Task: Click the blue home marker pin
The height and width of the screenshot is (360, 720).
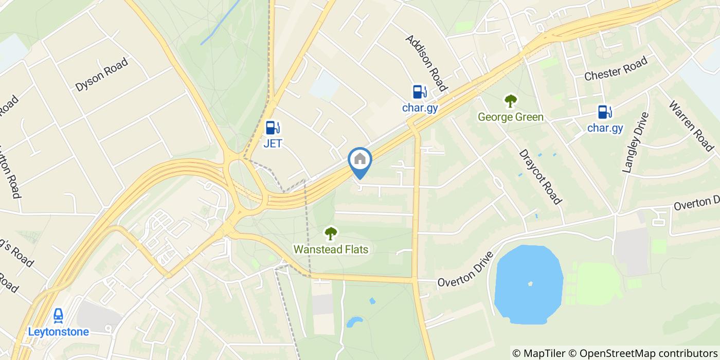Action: pyautogui.click(x=360, y=160)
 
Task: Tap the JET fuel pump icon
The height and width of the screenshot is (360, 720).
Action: pyautogui.click(x=273, y=128)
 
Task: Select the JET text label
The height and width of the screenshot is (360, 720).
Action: pyautogui.click(x=273, y=143)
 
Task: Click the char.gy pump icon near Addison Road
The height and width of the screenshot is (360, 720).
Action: pyautogui.click(x=420, y=92)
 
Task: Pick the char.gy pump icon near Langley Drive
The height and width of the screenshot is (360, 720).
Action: pyautogui.click(x=605, y=112)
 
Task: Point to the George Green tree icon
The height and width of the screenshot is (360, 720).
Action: pyautogui.click(x=510, y=101)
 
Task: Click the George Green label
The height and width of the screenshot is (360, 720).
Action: pyautogui.click(x=510, y=117)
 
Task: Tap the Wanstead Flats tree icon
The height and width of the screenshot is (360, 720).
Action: pyautogui.click(x=331, y=233)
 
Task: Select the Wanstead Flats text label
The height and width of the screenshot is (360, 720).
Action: pyautogui.click(x=331, y=249)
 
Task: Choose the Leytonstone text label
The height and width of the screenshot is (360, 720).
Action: pyautogui.click(x=58, y=332)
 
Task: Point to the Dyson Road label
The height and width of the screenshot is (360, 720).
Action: pyautogui.click(x=101, y=75)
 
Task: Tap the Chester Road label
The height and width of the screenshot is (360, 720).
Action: pyautogui.click(x=616, y=69)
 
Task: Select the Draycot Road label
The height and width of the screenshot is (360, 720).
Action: pyautogui.click(x=540, y=176)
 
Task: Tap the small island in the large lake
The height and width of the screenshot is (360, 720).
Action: pyautogui.click(x=530, y=283)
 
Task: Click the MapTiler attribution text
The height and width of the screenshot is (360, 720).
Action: pyautogui.click(x=539, y=353)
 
